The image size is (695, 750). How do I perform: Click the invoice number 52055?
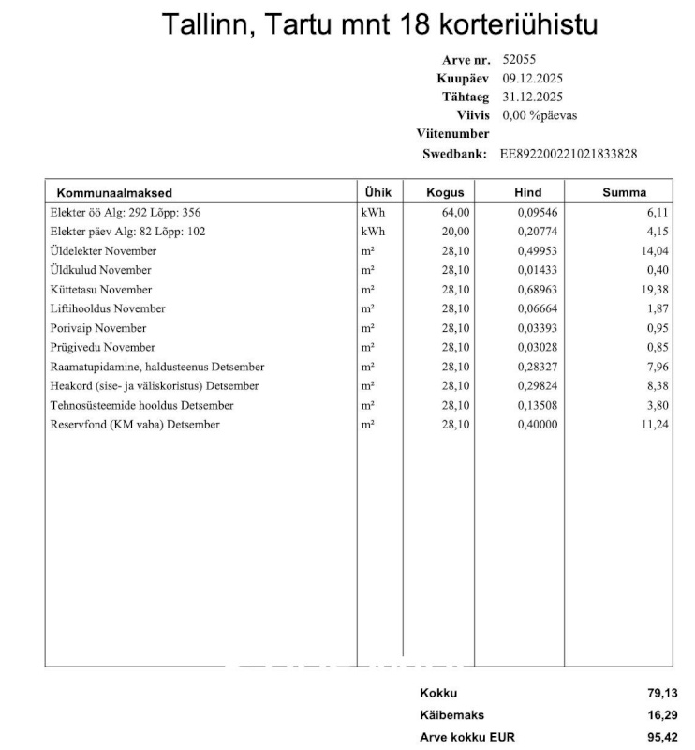coord(520,60)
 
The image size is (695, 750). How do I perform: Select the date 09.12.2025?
coord(532,79)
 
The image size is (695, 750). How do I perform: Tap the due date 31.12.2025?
coord(532,97)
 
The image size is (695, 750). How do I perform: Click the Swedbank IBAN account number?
coord(569,154)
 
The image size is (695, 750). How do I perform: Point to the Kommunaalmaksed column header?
coord(114,192)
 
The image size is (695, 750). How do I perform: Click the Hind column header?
coord(528,192)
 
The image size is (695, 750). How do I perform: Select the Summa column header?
coord(624,192)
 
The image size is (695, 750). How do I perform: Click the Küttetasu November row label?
coord(101,290)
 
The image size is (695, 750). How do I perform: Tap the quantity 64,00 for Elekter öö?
coord(455,213)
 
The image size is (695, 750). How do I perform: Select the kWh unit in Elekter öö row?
coord(372,213)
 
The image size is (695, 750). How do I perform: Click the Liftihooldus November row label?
coord(108,308)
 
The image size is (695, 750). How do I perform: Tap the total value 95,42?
coord(662,737)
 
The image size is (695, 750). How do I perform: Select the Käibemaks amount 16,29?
coord(662,715)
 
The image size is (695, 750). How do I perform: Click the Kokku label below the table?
coord(438,694)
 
